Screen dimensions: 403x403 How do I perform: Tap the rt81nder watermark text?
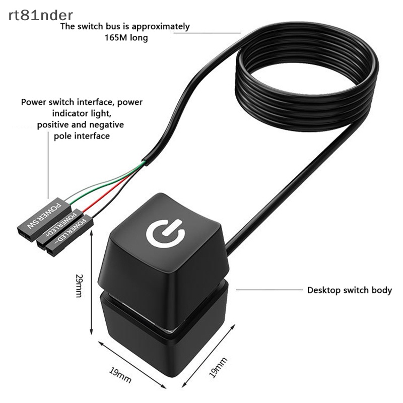40,16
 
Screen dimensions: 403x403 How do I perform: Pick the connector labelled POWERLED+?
56,225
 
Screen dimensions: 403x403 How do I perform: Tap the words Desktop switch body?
349,290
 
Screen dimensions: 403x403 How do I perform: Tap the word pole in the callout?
63,136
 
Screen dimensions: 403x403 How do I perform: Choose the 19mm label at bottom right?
218,367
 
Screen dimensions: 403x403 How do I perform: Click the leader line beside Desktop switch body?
267,290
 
